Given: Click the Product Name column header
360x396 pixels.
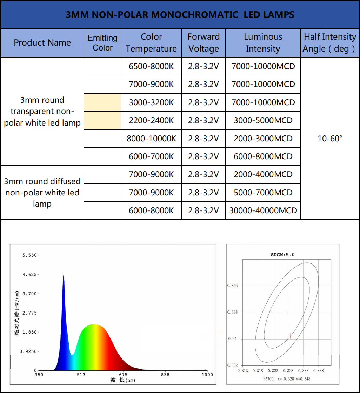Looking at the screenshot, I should [42, 43].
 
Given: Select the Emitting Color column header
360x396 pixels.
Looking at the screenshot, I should [102, 43].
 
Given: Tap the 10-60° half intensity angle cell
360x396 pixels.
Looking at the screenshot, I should [330, 139].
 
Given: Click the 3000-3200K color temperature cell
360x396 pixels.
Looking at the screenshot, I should [151, 102].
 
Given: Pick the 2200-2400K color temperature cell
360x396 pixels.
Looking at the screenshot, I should [151, 120].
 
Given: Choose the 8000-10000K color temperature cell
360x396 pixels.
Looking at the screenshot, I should [151, 139].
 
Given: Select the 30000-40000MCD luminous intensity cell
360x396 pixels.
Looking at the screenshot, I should [263, 210].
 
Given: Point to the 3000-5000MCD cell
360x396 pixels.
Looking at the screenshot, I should [263, 120].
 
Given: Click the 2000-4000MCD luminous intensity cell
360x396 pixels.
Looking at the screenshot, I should [263, 174].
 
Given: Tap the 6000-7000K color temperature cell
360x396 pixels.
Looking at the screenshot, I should [151, 156].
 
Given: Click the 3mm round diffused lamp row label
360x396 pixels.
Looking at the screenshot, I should [42, 193].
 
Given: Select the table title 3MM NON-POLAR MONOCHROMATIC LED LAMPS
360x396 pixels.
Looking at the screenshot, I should [180, 15].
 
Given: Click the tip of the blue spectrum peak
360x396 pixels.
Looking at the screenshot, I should [64, 276].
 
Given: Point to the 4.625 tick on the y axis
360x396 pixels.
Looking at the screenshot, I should [29, 275].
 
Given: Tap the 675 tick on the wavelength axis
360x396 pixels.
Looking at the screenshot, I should [123, 375].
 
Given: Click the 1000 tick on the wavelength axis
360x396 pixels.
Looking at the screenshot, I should [207, 375].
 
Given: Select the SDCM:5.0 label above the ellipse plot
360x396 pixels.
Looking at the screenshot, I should [282, 255].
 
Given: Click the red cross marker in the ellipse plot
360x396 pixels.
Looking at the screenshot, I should [291, 336].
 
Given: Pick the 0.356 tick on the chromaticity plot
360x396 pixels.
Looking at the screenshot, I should [232, 286].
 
